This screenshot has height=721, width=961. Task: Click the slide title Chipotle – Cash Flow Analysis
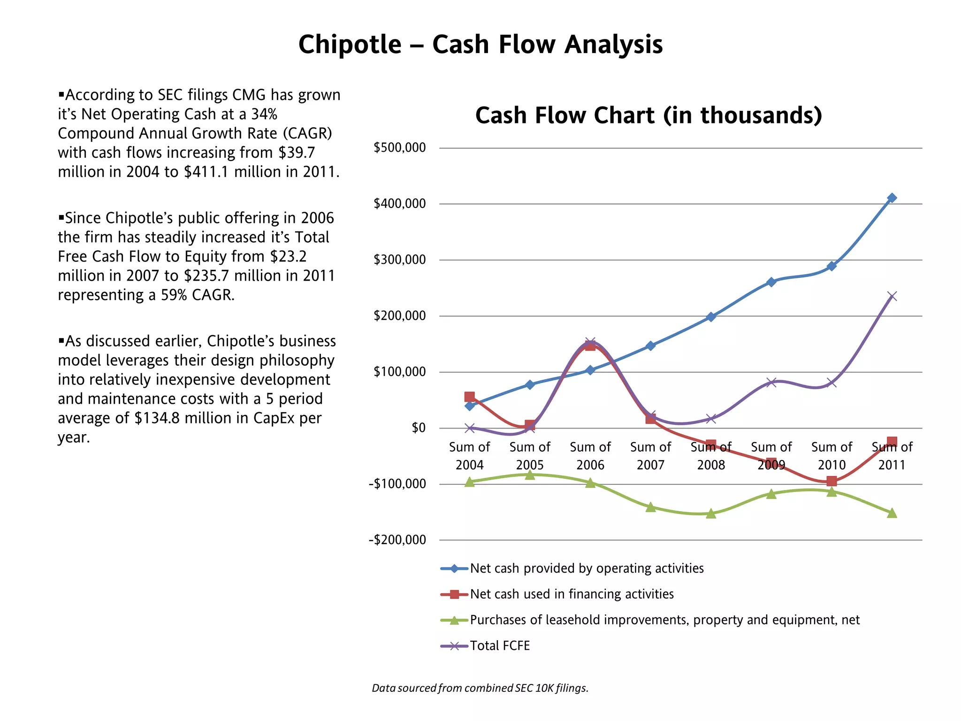(480, 45)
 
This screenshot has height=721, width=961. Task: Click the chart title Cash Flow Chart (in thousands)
(648, 115)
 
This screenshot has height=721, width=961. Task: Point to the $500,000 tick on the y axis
(399, 148)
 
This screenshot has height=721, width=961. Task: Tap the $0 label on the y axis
(419, 428)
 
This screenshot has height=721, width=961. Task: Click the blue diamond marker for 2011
(892, 198)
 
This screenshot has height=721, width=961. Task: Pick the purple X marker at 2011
(892, 296)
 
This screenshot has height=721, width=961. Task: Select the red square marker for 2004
(469, 397)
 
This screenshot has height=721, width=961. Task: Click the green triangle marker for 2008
(710, 514)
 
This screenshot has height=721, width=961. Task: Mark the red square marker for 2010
(831, 481)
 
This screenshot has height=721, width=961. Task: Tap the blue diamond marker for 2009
(771, 282)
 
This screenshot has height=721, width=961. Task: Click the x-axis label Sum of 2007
(650, 456)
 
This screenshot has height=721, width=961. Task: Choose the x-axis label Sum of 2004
(469, 456)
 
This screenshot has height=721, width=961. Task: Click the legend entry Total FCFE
(499, 646)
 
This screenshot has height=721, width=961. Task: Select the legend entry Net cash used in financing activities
(572, 594)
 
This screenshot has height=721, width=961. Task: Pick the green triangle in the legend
(454, 621)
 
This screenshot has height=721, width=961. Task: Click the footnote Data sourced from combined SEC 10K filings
(480, 688)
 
